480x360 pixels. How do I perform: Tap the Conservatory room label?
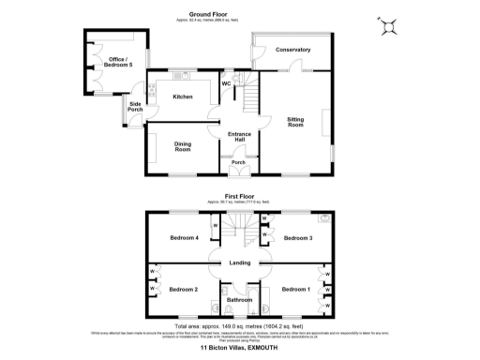(x=292, y=50)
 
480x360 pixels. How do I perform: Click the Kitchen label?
(x=183, y=97)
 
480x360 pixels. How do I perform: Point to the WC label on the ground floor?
(x=226, y=84)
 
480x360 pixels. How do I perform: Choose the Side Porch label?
(x=135, y=107)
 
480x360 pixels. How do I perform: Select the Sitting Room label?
(x=295, y=122)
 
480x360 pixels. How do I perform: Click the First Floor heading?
(x=239, y=197)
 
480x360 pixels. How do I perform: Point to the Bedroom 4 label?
(x=184, y=238)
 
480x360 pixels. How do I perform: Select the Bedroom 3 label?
(x=298, y=238)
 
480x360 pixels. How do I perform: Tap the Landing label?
(x=239, y=262)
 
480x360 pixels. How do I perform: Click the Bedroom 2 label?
(x=183, y=289)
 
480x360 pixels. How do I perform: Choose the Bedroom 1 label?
(x=296, y=289)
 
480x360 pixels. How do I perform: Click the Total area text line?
(x=239, y=323)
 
